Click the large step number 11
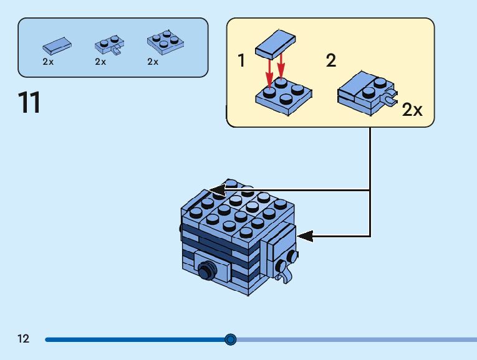pos(29,103)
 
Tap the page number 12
pos(24,339)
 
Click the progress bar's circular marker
pos(230,339)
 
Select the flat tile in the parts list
pos(57,45)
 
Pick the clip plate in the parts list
pos(109,45)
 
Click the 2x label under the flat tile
pos(48,62)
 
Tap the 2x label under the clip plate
pos(100,62)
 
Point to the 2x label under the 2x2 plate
pos(153,62)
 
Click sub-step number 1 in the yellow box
pos(241,61)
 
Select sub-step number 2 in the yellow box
pos(330,60)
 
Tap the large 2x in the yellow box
pos(412,110)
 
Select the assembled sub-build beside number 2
pos(365,93)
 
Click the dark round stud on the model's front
pos(205,271)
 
